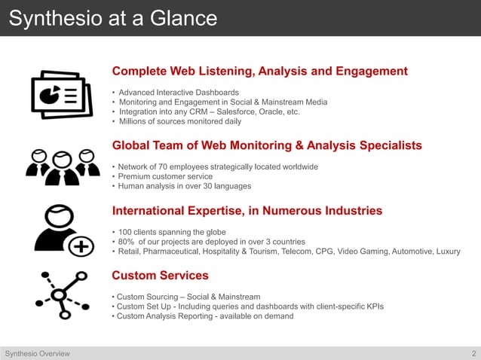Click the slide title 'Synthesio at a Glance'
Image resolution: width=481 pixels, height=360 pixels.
112,17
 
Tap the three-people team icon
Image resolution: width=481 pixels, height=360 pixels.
62,166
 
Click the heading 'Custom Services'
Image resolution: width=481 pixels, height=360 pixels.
160,276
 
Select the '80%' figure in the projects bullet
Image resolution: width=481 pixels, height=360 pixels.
128,242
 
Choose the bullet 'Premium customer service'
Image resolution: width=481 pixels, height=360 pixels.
161,176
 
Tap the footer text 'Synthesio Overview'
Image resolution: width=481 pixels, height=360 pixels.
38,353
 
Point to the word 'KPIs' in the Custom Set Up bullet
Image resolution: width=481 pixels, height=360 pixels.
375,307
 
